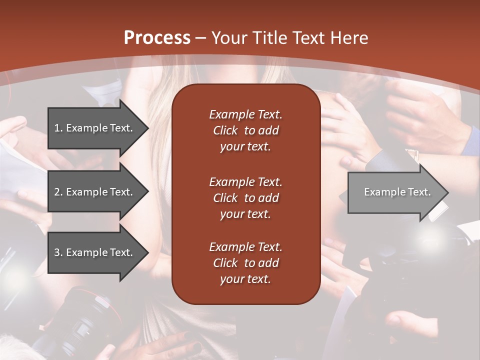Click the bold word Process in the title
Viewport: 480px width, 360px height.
(157, 38)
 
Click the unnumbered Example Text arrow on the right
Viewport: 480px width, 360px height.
(395, 192)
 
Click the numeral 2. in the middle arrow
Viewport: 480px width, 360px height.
(58, 192)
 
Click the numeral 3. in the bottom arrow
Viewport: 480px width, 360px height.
(58, 252)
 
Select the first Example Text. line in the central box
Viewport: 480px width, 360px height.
(245, 114)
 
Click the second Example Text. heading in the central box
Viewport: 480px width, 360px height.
(245, 181)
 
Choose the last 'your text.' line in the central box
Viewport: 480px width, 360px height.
(245, 279)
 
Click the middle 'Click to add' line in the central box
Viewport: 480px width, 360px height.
(245, 198)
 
